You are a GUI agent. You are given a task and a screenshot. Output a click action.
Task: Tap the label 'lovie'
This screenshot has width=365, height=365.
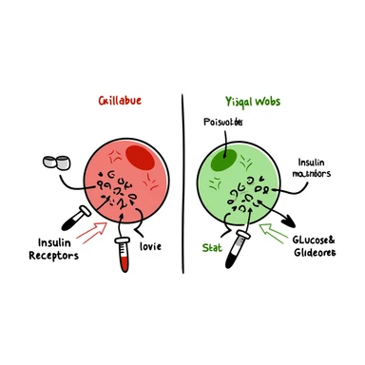pyautogui.click(x=150, y=246)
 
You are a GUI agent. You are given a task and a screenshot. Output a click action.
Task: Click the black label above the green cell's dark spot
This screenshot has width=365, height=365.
pyautogui.click(x=223, y=123)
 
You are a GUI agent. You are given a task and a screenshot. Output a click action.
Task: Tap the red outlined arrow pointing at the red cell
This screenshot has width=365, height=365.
pyautogui.click(x=92, y=231)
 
